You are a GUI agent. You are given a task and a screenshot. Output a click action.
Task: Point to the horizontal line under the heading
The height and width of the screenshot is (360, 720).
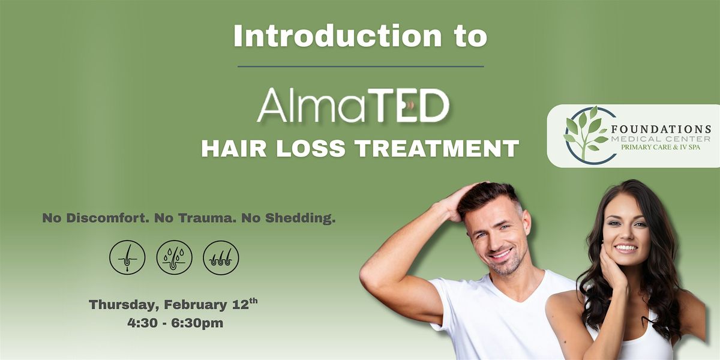click(x=360, y=66)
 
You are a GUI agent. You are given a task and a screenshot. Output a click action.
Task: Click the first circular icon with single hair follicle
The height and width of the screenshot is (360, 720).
click(x=127, y=258)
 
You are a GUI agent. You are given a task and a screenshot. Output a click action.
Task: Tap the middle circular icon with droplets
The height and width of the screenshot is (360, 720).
click(x=174, y=258)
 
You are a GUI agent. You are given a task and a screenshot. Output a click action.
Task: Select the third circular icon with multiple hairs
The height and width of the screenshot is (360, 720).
click(x=221, y=258)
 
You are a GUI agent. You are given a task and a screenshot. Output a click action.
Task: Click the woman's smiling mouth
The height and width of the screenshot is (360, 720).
click(x=625, y=247)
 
